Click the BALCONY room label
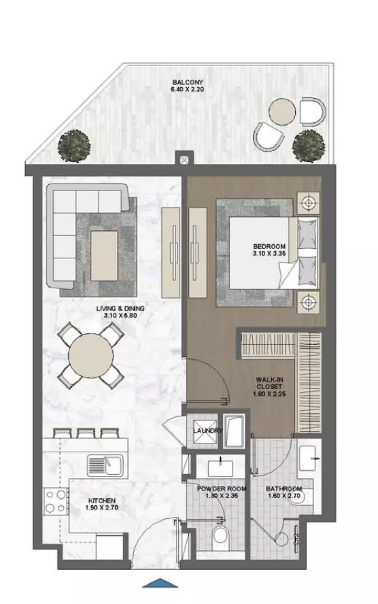tap(187, 82)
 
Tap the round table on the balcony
tap(282, 112)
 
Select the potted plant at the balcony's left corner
tap(74, 146)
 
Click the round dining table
tap(91, 355)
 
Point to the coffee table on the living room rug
tap(104, 256)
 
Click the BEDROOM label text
tap(269, 246)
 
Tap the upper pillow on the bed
tap(307, 234)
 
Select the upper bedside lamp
tap(308, 202)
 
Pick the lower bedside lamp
tap(308, 301)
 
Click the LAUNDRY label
tap(208, 431)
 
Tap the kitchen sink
tap(105, 465)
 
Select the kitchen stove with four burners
tap(55, 501)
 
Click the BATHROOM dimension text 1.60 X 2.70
tap(284, 496)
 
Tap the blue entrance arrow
tap(160, 583)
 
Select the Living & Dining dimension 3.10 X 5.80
tap(120, 315)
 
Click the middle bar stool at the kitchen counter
tap(86, 433)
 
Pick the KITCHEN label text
tap(101, 501)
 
